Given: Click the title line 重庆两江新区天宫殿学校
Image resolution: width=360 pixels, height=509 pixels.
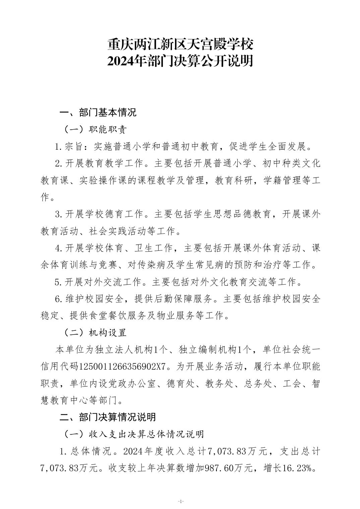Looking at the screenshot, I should coord(180,44).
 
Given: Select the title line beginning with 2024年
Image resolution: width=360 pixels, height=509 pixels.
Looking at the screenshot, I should coord(180,61).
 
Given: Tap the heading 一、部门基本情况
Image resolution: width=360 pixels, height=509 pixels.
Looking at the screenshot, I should coord(98,113).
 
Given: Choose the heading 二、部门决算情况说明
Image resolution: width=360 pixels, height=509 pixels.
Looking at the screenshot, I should coord(108,417).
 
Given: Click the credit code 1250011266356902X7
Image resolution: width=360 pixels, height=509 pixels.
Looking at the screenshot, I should coord(122,366).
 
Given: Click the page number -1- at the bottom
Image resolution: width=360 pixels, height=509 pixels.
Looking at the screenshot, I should coord(180,501).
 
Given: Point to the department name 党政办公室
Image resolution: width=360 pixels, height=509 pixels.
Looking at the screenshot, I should coord(134,383).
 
